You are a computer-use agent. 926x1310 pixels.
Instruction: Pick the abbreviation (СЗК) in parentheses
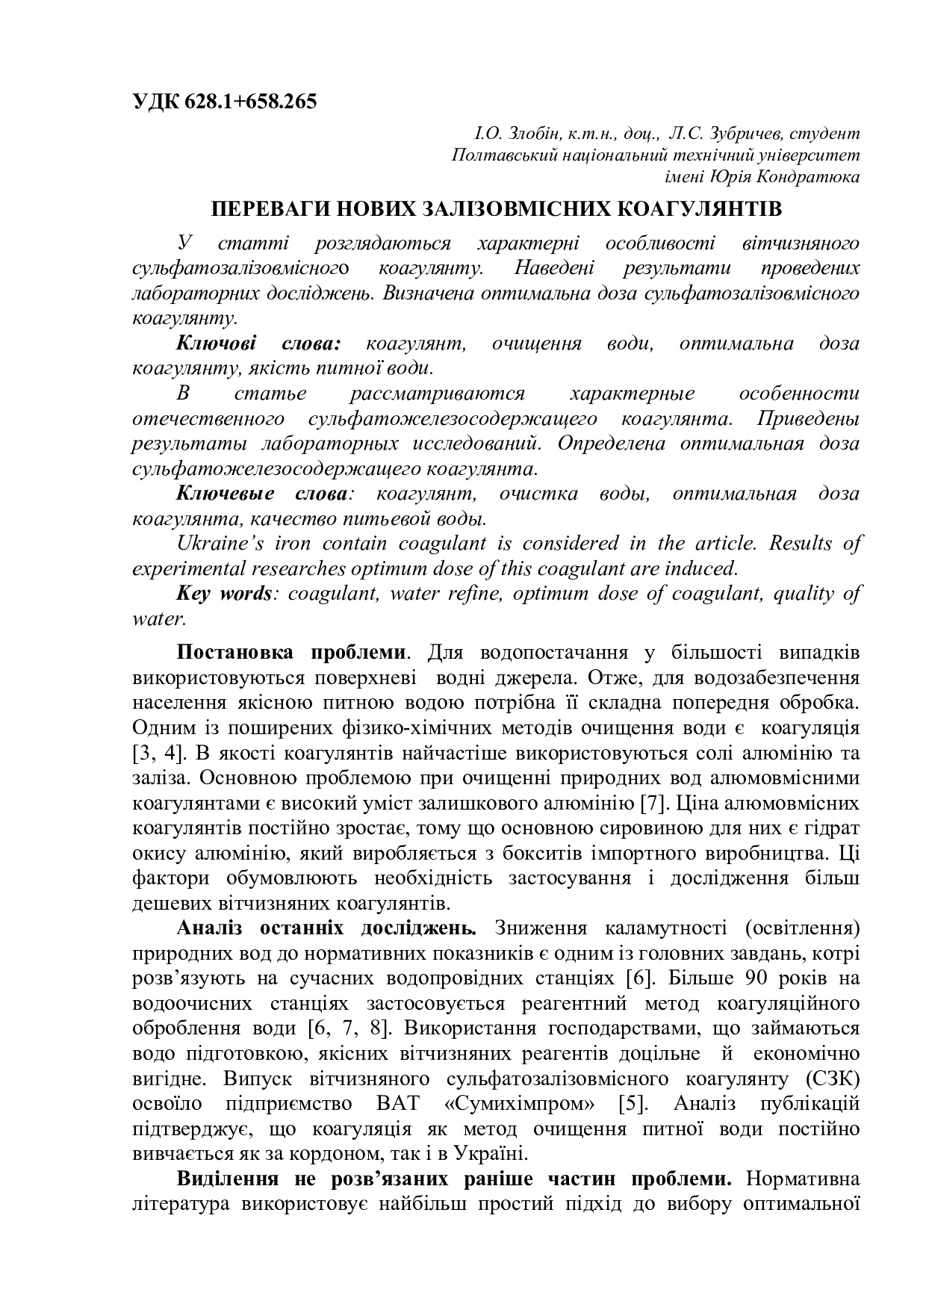pos(832,1078)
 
